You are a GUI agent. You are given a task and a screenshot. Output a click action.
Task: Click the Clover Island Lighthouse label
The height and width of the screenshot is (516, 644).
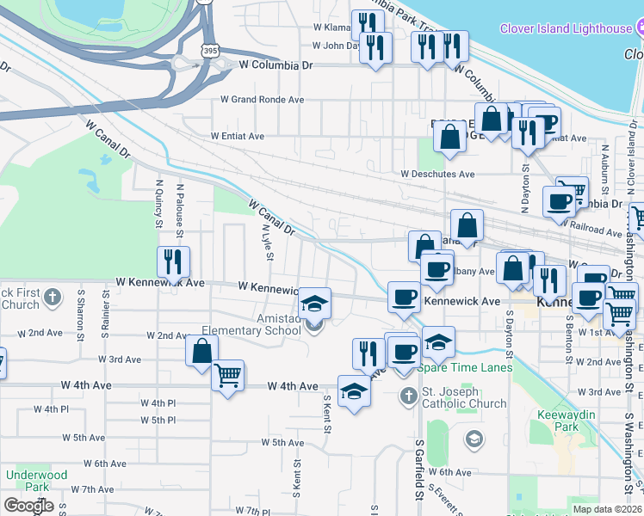pos(566,28)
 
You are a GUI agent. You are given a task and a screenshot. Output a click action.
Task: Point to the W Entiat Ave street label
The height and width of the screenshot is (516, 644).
pos(238,136)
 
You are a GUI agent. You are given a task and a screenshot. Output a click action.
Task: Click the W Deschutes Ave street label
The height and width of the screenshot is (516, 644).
pos(437,174)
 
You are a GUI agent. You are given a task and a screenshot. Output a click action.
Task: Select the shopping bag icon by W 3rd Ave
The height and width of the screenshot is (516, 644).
pos(201,351)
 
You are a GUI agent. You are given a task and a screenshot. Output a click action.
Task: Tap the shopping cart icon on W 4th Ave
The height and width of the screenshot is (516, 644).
pos(227,375)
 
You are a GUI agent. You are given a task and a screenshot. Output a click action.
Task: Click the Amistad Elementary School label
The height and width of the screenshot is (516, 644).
pos(251,324)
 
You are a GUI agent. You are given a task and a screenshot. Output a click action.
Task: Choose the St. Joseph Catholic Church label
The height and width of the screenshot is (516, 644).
pos(464,397)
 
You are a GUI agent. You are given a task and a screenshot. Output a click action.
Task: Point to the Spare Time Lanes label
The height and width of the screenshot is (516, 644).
pos(465,367)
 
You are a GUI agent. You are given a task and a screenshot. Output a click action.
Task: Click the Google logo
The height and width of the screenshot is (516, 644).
pos(28,506)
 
